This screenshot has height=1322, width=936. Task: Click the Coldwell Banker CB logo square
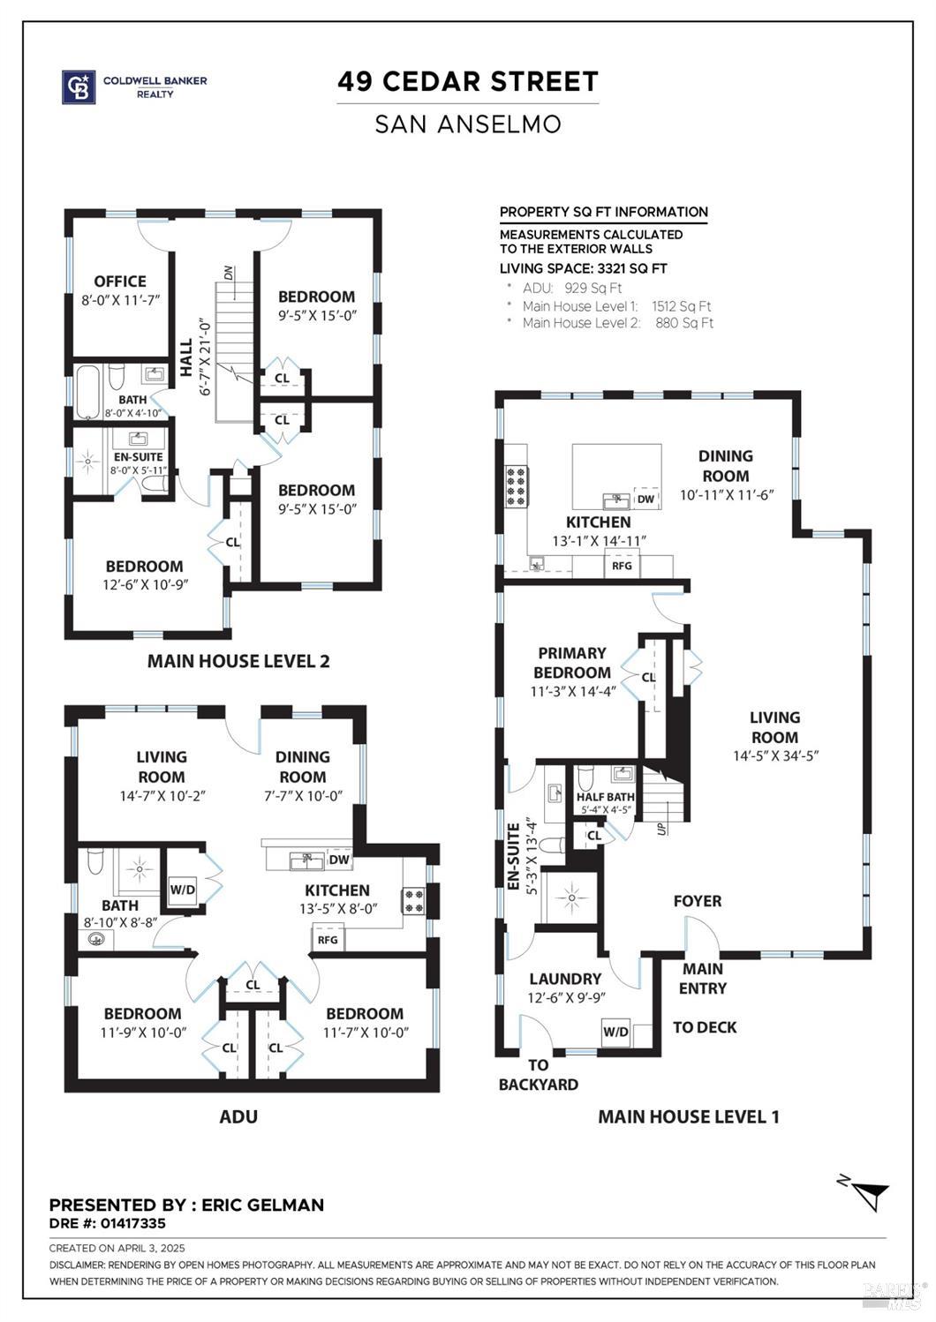tap(78, 87)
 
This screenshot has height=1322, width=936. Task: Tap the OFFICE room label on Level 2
tap(120, 282)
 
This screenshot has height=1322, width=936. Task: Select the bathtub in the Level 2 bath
tap(88, 392)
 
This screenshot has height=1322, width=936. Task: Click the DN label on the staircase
tap(229, 273)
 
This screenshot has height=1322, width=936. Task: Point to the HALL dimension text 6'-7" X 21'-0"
tap(206, 356)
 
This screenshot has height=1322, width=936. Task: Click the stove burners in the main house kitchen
tap(515, 486)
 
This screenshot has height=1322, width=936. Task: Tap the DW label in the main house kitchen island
tap(645, 500)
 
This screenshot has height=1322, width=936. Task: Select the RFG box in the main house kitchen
tap(622, 566)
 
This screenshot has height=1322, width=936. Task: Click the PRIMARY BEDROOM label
tap(572, 662)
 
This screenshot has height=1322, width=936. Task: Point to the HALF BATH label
tap(605, 797)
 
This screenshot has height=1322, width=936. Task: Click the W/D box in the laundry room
tap(615, 1032)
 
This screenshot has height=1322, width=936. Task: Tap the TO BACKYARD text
tap(539, 1075)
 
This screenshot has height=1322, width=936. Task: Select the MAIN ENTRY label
tap(703, 979)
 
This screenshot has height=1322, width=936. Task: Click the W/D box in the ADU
tap(182, 889)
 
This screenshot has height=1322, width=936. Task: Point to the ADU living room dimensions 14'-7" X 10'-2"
tap(161, 796)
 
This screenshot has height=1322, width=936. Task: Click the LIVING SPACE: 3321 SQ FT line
tap(583, 268)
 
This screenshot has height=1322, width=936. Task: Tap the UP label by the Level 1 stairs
tap(661, 829)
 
